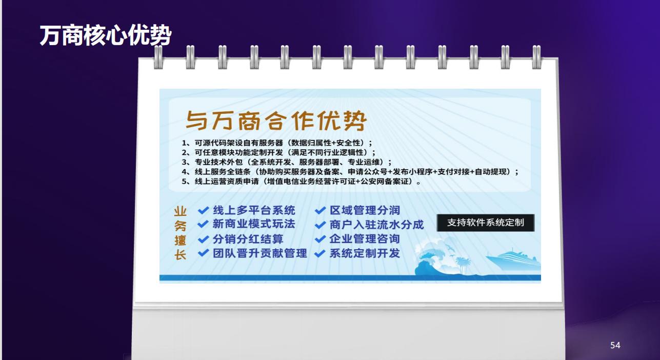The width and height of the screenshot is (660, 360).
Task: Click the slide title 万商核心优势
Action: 106,35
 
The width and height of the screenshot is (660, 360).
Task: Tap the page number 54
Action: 615,345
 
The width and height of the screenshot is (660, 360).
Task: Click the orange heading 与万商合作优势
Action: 276,121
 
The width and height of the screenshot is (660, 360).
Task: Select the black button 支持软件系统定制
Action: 485,223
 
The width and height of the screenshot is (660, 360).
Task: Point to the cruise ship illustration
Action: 513,259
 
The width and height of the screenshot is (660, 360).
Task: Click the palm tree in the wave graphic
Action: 463,264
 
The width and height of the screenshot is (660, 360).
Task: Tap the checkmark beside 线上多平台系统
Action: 203,210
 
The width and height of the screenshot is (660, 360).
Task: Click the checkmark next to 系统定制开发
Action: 320,253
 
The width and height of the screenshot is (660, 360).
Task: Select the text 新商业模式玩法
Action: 254,224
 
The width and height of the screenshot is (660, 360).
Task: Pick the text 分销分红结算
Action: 248,239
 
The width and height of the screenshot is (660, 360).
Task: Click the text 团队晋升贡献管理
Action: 260,253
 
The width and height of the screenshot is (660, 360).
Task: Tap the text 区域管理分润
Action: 365,210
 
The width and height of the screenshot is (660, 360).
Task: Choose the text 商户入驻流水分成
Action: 376,225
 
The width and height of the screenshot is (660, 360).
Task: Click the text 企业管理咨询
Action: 365,239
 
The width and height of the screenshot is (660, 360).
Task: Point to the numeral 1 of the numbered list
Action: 184,143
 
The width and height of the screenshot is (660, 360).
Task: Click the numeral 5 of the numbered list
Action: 184,181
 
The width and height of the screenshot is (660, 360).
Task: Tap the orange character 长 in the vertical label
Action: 180,255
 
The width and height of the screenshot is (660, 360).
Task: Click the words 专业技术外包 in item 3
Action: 218,162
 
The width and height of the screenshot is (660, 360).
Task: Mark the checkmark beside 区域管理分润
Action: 320,210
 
